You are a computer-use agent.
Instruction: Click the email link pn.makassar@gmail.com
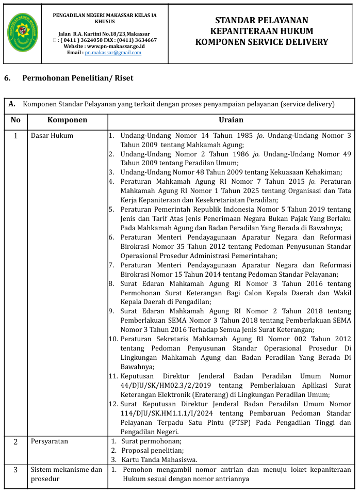[x=106, y=53]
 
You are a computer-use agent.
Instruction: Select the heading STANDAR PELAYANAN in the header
[x=261, y=21]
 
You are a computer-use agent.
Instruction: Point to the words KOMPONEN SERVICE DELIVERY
[x=261, y=42]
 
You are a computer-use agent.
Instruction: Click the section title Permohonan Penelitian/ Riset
[x=78, y=78]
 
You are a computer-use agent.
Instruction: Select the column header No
[x=15, y=120]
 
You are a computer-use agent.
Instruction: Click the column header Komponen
[x=67, y=120]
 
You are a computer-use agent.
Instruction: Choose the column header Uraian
[x=231, y=120]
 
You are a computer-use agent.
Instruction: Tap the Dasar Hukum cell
[x=52, y=136]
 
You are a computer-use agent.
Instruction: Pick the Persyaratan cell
[x=50, y=441]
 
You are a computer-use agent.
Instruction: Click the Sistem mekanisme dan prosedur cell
[x=67, y=474]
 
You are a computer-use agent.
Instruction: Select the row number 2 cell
[x=15, y=442]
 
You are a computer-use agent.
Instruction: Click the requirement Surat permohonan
[x=151, y=441]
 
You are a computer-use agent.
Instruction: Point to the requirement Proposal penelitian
[x=152, y=451]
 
